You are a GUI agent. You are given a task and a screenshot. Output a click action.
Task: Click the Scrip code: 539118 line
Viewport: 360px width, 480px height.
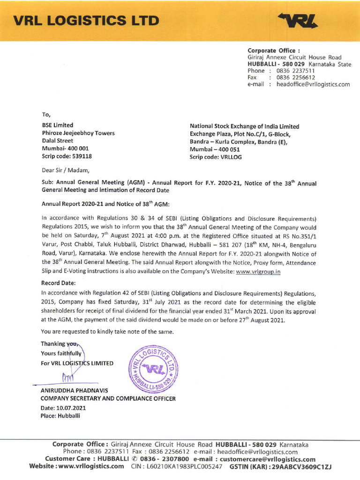click(x=67, y=156)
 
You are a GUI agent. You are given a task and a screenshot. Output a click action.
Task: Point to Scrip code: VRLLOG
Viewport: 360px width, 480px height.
click(x=216, y=157)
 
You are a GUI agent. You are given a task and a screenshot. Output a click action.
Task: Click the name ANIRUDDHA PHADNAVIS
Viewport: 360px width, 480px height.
click(x=74, y=390)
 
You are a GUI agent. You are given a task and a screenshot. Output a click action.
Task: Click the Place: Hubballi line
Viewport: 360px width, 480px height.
click(x=60, y=415)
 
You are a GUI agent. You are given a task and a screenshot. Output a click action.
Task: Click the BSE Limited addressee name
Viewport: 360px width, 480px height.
click(x=57, y=126)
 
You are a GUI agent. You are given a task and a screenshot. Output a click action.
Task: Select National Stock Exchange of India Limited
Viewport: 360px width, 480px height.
click(x=244, y=127)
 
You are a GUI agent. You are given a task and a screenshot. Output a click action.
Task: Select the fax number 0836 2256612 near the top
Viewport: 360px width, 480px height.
click(x=295, y=77)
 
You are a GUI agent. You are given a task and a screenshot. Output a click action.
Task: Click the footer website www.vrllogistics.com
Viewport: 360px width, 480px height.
click(x=89, y=466)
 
